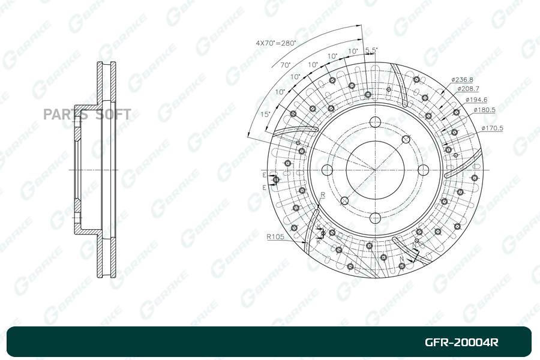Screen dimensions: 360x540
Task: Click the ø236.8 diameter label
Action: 463,79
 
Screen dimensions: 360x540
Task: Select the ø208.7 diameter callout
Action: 468,89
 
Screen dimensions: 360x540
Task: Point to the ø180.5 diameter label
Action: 484,110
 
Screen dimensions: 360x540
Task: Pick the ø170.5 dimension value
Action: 492,128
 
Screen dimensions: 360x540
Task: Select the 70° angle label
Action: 285,65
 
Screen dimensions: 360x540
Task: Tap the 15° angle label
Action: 265,113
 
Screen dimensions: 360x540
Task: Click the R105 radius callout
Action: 275,236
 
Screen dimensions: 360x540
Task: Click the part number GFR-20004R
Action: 461,343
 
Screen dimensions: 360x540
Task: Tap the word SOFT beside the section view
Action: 113,115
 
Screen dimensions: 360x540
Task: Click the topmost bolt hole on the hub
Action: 376,121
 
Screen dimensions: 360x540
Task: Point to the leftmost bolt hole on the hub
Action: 328,169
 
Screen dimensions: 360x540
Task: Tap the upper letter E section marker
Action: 263,174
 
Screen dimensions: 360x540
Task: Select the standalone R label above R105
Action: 323,195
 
